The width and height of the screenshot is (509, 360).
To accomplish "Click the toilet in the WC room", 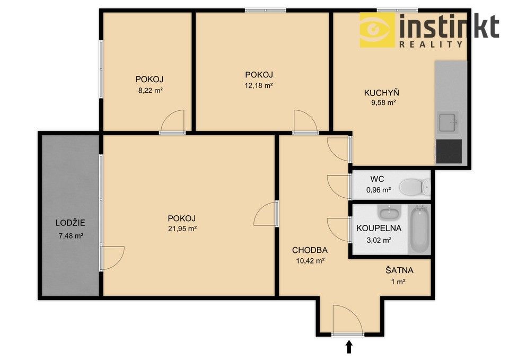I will click(x=414, y=187).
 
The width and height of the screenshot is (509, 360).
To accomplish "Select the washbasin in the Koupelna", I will click(x=388, y=213).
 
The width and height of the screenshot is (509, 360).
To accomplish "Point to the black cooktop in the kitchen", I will click(x=449, y=152).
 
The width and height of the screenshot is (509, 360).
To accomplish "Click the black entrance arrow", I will click(x=349, y=347).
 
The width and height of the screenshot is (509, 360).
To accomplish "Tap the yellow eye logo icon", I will click(x=378, y=30).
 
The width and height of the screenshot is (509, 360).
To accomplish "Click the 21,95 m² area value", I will click(x=182, y=229).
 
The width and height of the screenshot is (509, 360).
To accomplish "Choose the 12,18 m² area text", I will click(x=258, y=85).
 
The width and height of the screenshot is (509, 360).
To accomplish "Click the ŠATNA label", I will click(x=399, y=270).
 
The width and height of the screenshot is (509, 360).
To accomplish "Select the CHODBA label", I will click(x=310, y=250).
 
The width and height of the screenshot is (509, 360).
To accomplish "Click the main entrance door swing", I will click(x=347, y=321).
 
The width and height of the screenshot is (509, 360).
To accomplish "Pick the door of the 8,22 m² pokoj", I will click(x=173, y=122).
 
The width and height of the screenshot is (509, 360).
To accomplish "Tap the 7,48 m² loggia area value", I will click(x=71, y=235).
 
